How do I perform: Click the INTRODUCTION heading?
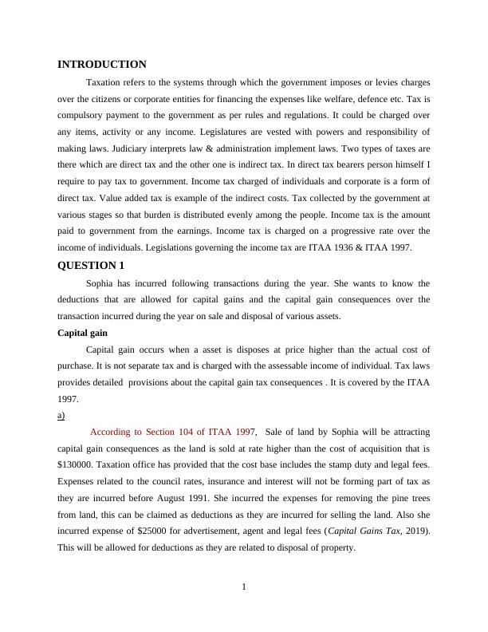(102, 65)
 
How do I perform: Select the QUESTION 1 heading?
(91, 266)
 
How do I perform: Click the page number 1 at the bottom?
(244, 588)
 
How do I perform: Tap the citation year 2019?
(416, 532)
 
